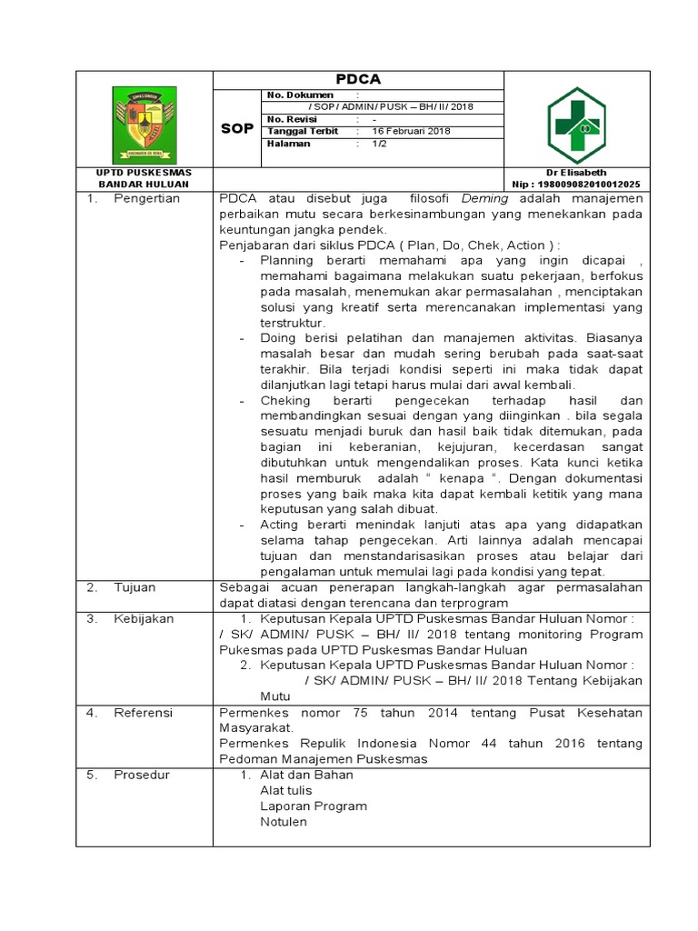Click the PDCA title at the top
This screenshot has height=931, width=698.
358,79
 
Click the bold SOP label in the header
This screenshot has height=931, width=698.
237,129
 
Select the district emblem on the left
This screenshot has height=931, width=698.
144,125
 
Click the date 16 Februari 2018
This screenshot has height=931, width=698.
411,131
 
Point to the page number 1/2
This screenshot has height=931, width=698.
379,144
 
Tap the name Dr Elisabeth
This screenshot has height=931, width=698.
575,172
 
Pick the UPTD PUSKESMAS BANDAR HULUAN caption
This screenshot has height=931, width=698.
144,177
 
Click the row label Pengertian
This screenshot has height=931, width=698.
146,198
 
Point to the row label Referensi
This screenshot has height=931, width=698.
143,713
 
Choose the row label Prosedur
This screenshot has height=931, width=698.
142,775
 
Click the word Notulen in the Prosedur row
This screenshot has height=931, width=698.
283,822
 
